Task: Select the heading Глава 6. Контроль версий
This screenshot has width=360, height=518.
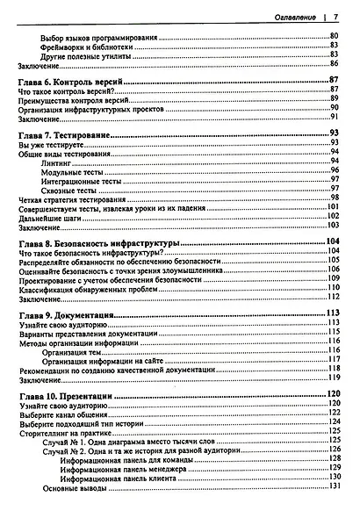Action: pyautogui.click(x=74, y=81)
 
